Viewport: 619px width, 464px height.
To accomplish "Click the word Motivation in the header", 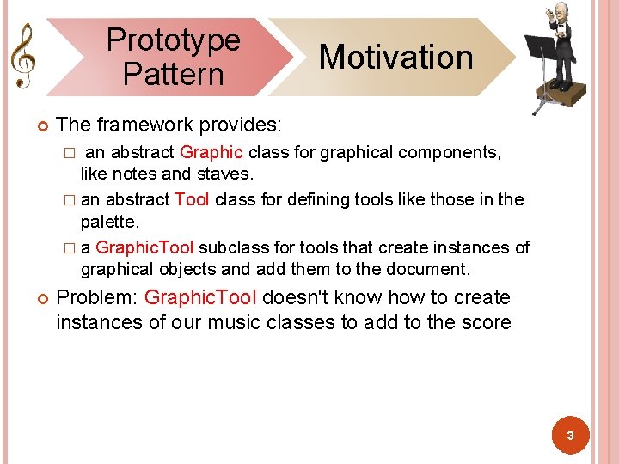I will (x=395, y=58).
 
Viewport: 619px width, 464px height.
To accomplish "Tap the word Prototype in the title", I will (x=173, y=40).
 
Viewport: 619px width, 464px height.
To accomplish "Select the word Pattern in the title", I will (x=173, y=74).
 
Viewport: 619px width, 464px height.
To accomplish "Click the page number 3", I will (x=569, y=437).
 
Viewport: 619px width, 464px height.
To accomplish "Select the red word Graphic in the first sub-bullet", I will (x=211, y=153).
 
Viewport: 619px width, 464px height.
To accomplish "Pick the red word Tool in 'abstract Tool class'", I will (x=192, y=200).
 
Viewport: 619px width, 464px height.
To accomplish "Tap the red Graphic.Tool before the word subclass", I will (x=144, y=248).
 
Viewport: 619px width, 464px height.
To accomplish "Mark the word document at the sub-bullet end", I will (x=431, y=270).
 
